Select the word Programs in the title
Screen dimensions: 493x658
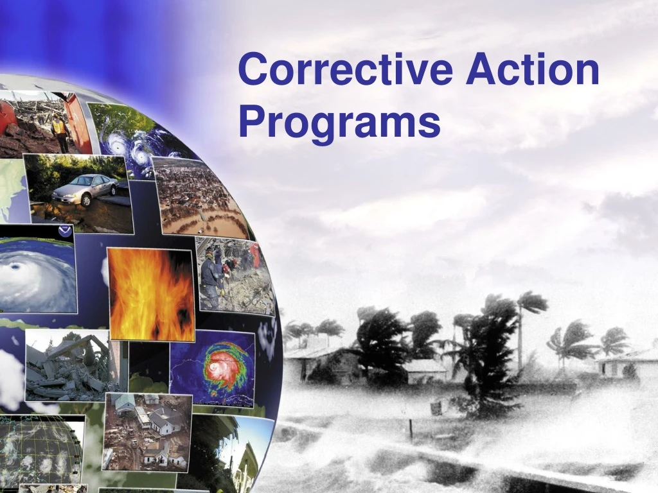[x=339, y=122]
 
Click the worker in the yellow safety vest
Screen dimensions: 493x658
[x=60, y=130]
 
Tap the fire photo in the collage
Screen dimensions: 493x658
[x=152, y=294]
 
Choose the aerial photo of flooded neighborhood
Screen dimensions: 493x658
[x=199, y=199]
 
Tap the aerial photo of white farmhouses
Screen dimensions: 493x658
[x=148, y=430]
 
